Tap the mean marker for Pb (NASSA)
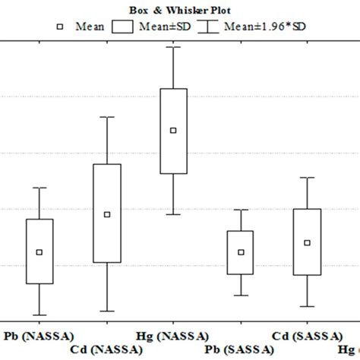click(x=39, y=251)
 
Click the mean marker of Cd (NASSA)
click(x=107, y=214)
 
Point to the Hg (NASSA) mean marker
click(x=173, y=130)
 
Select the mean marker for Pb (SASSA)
click(x=241, y=251)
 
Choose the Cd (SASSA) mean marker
click(x=307, y=242)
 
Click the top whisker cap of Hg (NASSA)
click(x=173, y=47)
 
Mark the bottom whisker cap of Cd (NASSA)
click(x=107, y=311)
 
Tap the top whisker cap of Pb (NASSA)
click(x=39, y=188)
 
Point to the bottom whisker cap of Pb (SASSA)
click(x=241, y=295)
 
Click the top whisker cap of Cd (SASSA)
click(x=307, y=178)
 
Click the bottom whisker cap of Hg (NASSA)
click(x=173, y=214)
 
